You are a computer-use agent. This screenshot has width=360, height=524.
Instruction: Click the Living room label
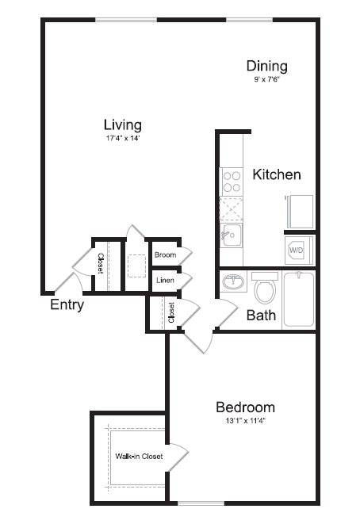tap(123, 124)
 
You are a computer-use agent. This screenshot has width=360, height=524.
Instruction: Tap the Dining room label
tap(266, 66)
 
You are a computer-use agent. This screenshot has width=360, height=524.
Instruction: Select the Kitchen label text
tap(277, 174)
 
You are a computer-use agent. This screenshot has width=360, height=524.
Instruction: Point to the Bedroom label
tap(245, 407)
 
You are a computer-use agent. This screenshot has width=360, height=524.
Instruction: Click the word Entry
tap(67, 305)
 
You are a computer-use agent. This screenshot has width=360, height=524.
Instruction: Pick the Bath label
tap(261, 315)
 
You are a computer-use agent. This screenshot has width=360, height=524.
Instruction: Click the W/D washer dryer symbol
tap(297, 250)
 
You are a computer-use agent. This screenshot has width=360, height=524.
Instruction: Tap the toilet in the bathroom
tap(266, 289)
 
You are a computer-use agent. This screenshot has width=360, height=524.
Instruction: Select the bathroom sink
tap(233, 283)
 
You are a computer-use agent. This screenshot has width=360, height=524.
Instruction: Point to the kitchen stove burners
tap(232, 182)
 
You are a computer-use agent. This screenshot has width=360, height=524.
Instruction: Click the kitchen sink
tap(232, 234)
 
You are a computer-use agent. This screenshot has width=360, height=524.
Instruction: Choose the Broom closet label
tap(165, 254)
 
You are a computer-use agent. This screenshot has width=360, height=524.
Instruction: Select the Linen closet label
tap(165, 280)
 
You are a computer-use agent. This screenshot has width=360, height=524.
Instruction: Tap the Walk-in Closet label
tap(139, 457)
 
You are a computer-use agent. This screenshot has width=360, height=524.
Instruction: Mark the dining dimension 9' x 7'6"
tap(266, 80)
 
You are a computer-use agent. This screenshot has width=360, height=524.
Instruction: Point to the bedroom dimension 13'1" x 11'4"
tap(245, 421)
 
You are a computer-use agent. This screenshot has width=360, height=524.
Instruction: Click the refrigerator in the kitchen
tap(301, 211)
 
